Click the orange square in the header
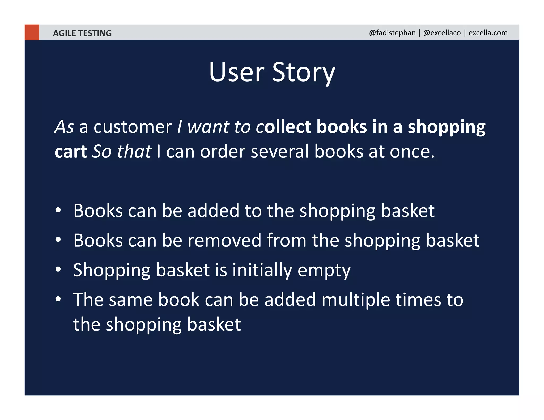(x=32, y=32)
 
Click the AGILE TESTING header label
(x=82, y=33)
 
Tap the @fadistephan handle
(x=392, y=33)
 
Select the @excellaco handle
(x=442, y=33)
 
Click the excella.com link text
(x=488, y=33)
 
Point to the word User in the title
(x=236, y=72)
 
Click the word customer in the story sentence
(x=133, y=127)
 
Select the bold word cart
(x=71, y=152)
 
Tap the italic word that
(x=134, y=152)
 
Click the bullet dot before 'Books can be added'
(x=58, y=210)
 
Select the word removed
(x=224, y=240)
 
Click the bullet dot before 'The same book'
(x=58, y=299)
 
